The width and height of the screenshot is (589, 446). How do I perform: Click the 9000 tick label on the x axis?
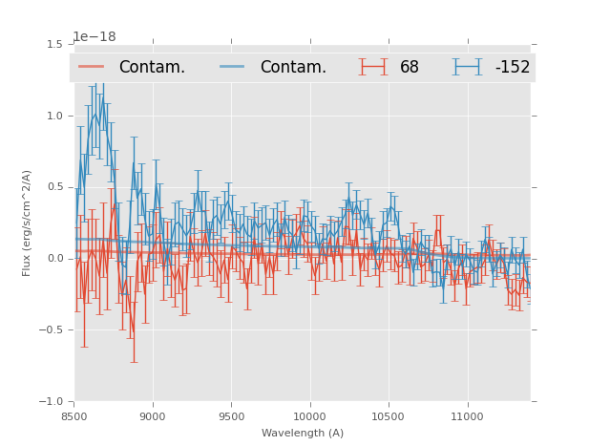pyautogui.click(x=153, y=416)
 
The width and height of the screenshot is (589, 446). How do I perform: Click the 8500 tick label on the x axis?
pyautogui.click(x=74, y=416)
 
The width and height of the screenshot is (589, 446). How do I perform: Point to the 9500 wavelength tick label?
pyautogui.click(x=231, y=416)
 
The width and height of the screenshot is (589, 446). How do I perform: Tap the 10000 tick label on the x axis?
pyautogui.click(x=309, y=416)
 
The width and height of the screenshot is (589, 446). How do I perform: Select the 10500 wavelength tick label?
pyautogui.click(x=389, y=416)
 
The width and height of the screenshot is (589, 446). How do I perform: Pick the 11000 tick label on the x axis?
pyautogui.click(x=467, y=416)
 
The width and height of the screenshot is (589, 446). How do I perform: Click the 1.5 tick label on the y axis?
pyautogui.click(x=54, y=44)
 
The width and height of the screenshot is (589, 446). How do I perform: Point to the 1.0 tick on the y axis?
pyautogui.click(x=54, y=116)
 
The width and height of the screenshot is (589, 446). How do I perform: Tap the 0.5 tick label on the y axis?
pyautogui.click(x=54, y=187)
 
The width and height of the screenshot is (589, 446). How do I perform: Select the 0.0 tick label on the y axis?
pyautogui.click(x=54, y=259)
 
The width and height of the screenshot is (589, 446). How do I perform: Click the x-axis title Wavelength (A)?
pyautogui.click(x=303, y=433)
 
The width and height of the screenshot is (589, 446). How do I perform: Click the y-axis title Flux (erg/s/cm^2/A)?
pyautogui.click(x=28, y=223)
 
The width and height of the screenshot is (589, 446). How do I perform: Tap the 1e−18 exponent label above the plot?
pyautogui.click(x=95, y=37)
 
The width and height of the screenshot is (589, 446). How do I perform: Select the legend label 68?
pyautogui.click(x=410, y=67)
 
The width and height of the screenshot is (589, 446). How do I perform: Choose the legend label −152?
pyautogui.click(x=512, y=67)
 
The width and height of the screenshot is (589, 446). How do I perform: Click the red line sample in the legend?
pyautogui.click(x=92, y=67)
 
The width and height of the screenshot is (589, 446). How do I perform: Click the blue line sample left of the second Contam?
pyautogui.click(x=233, y=67)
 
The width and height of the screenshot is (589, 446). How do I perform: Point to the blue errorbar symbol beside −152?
pyautogui.click(x=468, y=67)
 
